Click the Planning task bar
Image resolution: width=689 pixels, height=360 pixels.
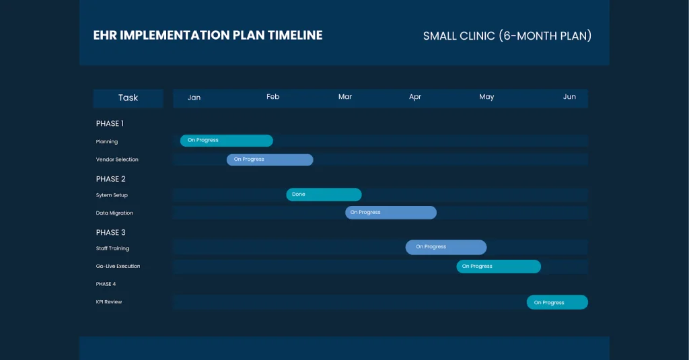(x=226, y=141)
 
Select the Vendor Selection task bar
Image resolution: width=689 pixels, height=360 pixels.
(x=270, y=159)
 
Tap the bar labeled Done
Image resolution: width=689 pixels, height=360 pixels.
(x=324, y=194)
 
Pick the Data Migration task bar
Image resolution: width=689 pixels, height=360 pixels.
(x=391, y=213)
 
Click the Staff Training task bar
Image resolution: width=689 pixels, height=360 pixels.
(x=445, y=247)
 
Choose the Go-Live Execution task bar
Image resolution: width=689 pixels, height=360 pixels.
(x=499, y=266)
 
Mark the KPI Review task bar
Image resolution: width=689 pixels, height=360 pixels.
(x=557, y=302)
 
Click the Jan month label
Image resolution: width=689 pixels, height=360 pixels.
(x=194, y=98)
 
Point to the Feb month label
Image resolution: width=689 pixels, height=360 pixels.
(x=273, y=97)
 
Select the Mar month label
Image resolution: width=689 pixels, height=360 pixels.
(x=345, y=97)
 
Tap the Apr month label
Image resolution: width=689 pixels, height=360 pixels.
(x=415, y=97)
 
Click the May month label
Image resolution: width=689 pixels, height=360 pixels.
(x=486, y=97)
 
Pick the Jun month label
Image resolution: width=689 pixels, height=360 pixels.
(x=569, y=97)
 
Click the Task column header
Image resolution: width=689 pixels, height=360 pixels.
(x=128, y=98)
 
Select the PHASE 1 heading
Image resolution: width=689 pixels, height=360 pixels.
(x=110, y=124)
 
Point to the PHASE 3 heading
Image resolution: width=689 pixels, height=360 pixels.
(x=111, y=233)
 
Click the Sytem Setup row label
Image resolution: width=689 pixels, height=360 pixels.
(x=112, y=195)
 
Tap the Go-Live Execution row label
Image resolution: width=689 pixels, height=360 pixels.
(x=118, y=266)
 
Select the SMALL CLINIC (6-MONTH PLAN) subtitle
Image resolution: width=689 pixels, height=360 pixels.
(x=507, y=36)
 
